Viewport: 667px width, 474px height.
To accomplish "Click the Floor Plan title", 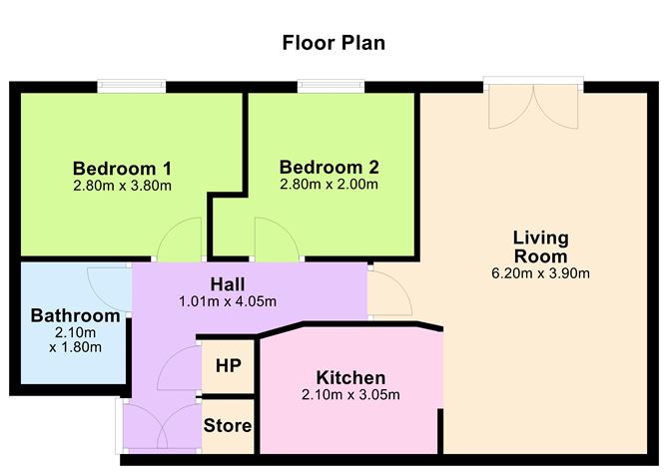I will (x=333, y=43).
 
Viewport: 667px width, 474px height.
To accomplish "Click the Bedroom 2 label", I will (x=329, y=167).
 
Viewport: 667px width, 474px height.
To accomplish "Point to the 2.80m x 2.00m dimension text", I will (x=329, y=185).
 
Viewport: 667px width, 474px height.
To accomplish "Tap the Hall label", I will (x=229, y=283).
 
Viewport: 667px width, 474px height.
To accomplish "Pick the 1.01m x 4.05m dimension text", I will (x=229, y=301).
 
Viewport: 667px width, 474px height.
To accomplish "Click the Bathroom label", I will (x=75, y=316).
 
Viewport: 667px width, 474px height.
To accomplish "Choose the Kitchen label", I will (x=350, y=377).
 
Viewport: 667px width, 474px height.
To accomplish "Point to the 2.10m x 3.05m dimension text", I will (x=350, y=395).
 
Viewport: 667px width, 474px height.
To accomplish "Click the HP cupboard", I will (x=227, y=365).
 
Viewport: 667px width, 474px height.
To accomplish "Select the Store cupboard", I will (x=227, y=426).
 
